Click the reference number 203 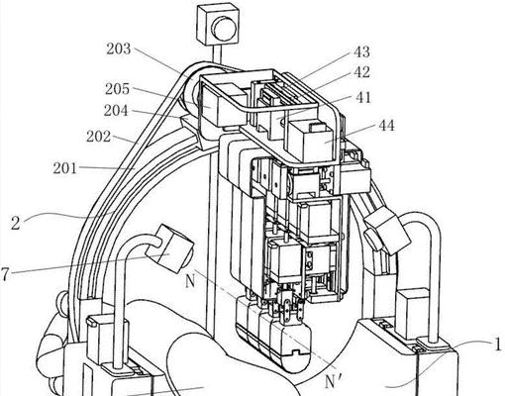tap(119, 49)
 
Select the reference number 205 tap(117, 89)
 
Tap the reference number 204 tap(116, 111)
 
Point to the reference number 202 tap(98, 137)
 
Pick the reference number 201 tap(65, 168)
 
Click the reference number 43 tap(361, 52)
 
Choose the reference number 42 tap(361, 72)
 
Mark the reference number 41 tap(363, 98)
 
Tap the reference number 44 tap(386, 126)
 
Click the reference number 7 tap(4, 274)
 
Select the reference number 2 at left tap(16, 223)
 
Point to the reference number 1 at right tap(497, 345)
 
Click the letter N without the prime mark tap(189, 281)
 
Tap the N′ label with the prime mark tap(332, 382)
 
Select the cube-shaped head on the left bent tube tap(170, 249)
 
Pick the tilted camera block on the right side tap(386, 232)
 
